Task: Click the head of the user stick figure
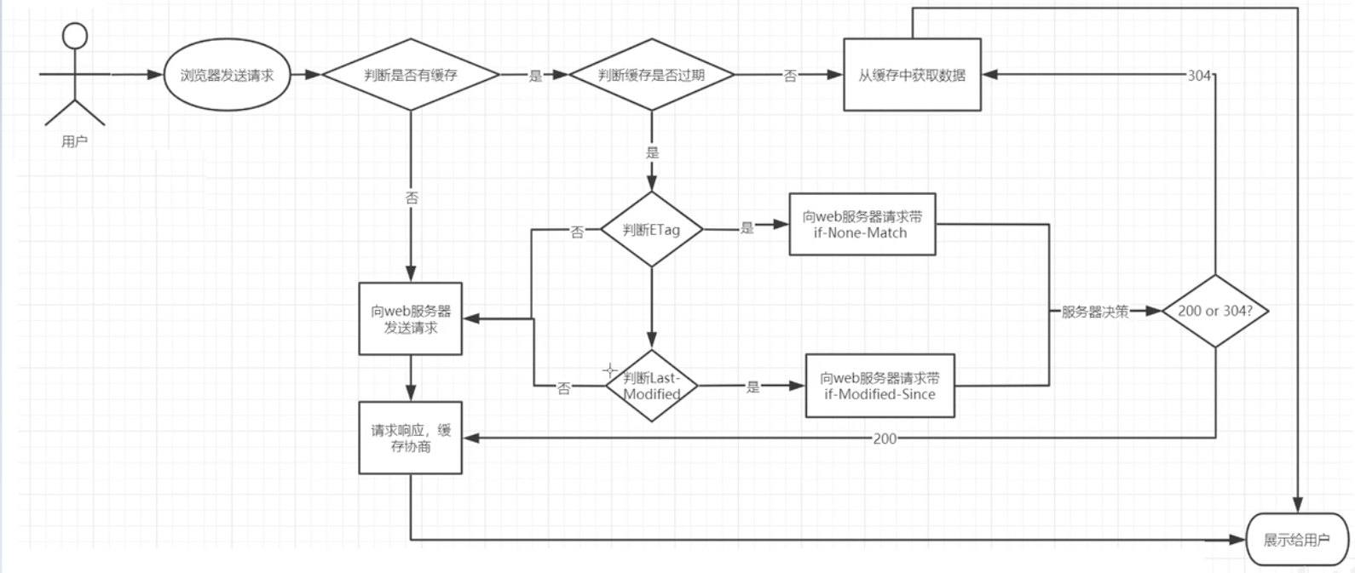click(x=76, y=36)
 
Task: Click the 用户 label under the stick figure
click(x=74, y=141)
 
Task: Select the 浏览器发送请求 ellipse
click(x=227, y=75)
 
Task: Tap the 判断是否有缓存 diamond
click(x=410, y=75)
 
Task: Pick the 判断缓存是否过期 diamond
click(x=651, y=75)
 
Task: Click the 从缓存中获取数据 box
click(x=912, y=75)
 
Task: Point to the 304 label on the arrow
click(x=1199, y=75)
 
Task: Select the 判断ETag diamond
click(x=651, y=229)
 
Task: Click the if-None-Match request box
click(x=862, y=225)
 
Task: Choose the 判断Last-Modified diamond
click(x=651, y=386)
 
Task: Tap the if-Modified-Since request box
click(x=879, y=386)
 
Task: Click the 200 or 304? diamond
click(x=1214, y=311)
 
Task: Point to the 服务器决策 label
click(x=1094, y=312)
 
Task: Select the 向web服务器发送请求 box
click(x=410, y=318)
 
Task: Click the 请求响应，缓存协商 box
click(x=410, y=438)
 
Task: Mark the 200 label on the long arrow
click(x=885, y=438)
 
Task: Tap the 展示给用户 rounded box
click(x=1296, y=540)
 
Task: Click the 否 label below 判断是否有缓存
click(x=411, y=198)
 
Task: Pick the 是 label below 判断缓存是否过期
click(x=652, y=152)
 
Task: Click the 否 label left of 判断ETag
click(x=577, y=232)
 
